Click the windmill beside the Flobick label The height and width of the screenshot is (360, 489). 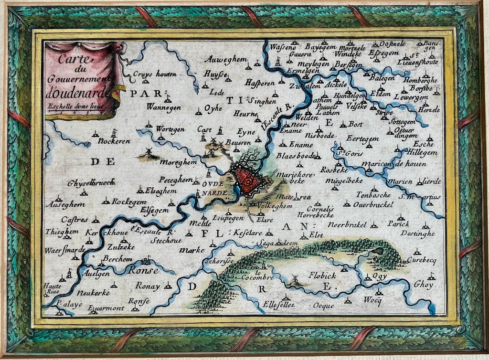tap(295, 280)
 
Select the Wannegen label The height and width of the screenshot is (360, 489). tap(164, 107)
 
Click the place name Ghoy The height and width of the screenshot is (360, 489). tap(424, 285)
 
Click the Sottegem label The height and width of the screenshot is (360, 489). tap(403, 121)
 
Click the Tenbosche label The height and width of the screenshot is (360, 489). tap(373, 195)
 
